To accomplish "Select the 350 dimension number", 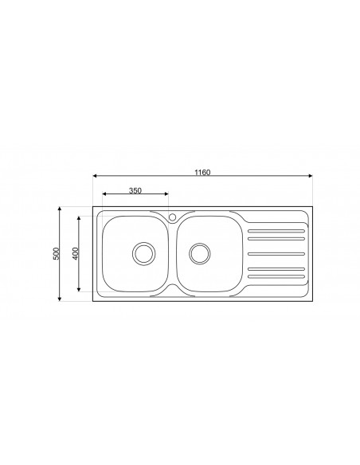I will click(135, 191).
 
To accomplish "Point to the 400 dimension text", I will click(75, 253).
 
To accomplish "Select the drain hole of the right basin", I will click(200, 253).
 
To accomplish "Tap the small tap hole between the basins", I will click(172, 216).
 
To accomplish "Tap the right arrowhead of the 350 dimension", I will click(166, 196).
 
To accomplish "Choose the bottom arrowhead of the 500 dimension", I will click(61, 299).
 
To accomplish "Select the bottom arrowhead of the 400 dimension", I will click(79, 290).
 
